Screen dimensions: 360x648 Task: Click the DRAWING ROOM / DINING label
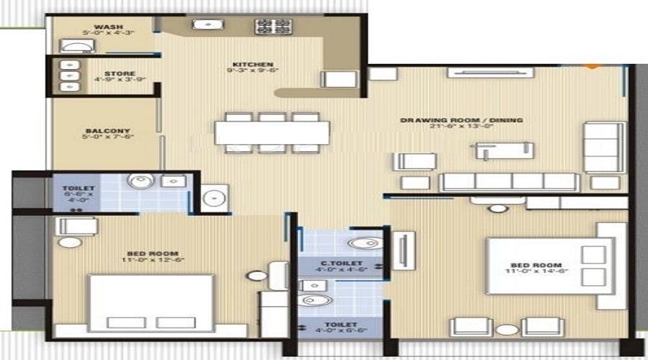(x=462, y=120)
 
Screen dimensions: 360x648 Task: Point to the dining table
(x=272, y=132)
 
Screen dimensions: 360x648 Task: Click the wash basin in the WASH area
(x=75, y=46)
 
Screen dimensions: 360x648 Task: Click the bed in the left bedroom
(x=152, y=302)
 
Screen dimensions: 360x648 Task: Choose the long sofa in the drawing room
(x=510, y=181)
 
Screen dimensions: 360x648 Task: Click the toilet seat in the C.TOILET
(x=366, y=243)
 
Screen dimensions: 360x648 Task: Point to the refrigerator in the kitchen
(x=338, y=79)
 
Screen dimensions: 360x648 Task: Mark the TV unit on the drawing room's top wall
(x=490, y=72)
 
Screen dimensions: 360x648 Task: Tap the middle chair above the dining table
(x=272, y=117)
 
